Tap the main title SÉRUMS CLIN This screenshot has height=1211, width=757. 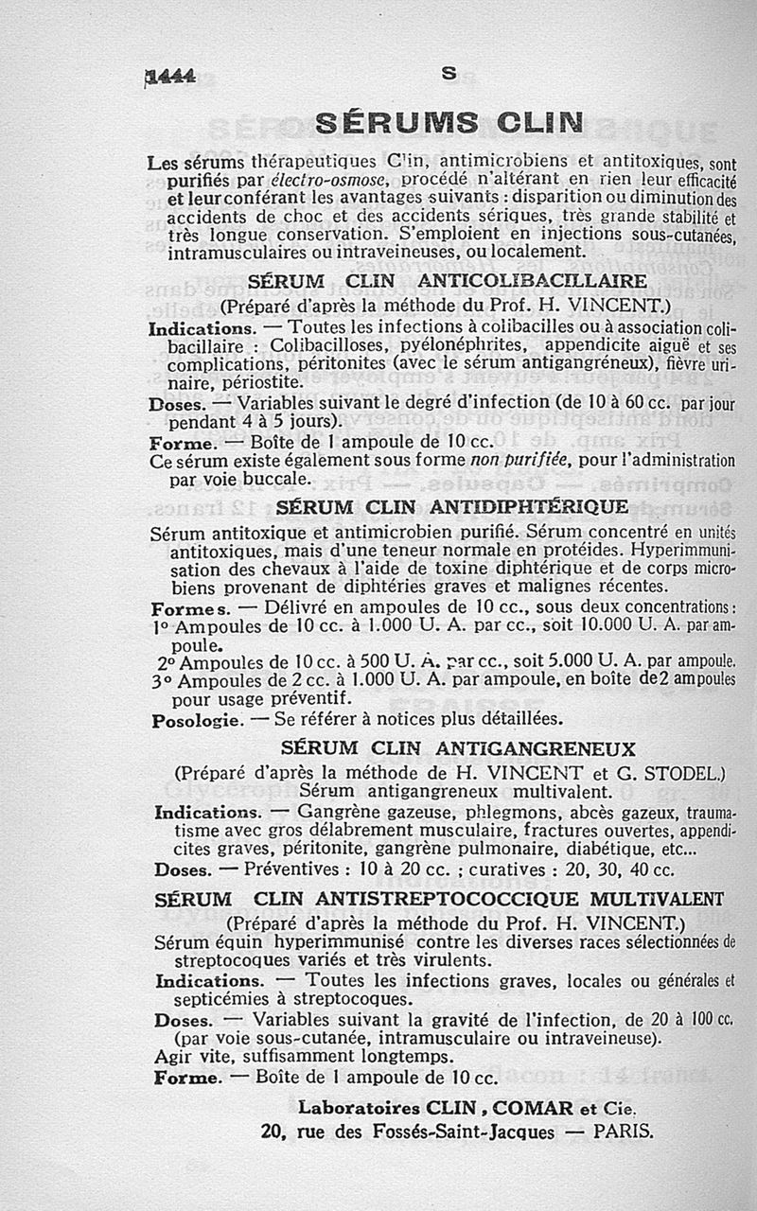[448, 124]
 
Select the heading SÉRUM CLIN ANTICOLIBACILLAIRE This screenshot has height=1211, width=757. [448, 282]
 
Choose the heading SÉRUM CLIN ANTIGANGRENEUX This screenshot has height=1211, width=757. [458, 749]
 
